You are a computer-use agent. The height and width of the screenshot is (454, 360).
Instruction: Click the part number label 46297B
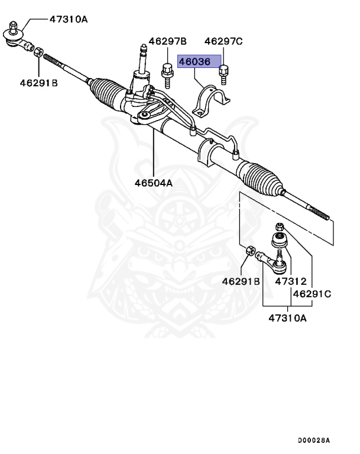[167, 41]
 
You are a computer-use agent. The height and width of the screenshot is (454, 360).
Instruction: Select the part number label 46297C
[223, 41]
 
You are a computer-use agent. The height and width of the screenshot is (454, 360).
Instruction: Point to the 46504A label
[153, 183]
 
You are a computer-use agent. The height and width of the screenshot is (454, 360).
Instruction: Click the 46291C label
[312, 293]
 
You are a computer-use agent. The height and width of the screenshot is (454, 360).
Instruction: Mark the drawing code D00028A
[313, 440]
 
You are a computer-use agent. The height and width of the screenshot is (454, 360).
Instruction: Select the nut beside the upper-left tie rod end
[37, 52]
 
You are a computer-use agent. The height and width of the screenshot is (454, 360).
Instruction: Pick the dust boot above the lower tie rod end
[278, 241]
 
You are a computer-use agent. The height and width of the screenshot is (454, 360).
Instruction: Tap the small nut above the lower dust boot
[280, 226]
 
